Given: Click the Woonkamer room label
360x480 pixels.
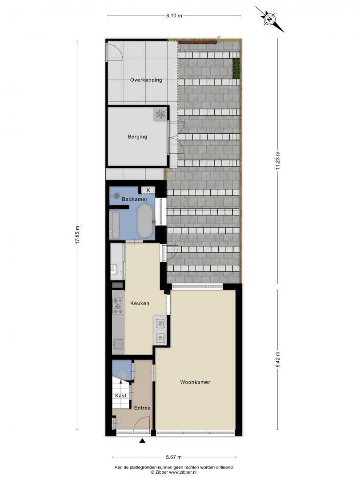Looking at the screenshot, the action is [195, 382].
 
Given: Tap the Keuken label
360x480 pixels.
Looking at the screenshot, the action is [140, 304].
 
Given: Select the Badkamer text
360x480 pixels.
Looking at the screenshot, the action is [135, 199].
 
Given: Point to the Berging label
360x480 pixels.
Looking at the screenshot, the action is [137, 137].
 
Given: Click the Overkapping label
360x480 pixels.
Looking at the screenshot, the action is [146, 80].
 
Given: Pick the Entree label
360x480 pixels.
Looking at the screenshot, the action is [142, 408].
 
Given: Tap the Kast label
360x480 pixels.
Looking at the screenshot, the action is [120, 396].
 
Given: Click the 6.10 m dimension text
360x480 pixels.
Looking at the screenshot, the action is [174, 16].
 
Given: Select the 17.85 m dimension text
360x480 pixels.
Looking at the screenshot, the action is [77, 235].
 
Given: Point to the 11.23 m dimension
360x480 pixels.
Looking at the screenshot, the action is [278, 161].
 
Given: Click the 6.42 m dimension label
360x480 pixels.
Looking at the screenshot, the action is [278, 360].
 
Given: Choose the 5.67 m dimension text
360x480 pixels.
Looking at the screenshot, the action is [174, 457].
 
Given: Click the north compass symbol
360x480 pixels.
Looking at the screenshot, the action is [270, 19].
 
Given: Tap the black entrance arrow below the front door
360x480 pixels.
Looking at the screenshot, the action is [142, 441].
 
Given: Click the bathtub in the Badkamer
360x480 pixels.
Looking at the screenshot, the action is [145, 221].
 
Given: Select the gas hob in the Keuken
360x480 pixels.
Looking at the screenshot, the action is [118, 306].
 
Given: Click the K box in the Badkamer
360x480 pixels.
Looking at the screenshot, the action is [148, 190].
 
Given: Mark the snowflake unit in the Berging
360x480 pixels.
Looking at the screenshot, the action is [160, 115].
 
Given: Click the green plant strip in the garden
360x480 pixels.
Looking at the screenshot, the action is [236, 68].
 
